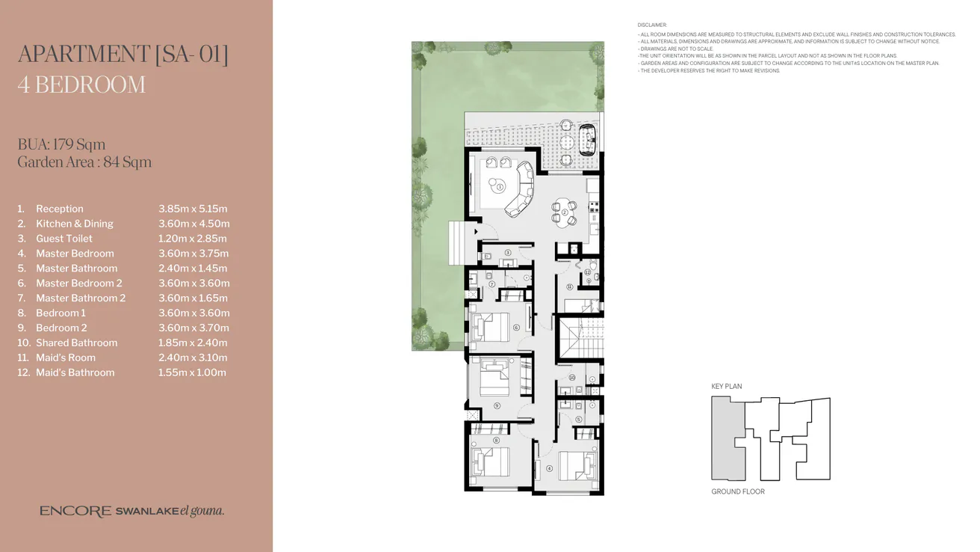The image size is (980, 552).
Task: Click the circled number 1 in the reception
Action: tap(499, 188)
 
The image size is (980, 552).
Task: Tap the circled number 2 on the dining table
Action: tap(565, 212)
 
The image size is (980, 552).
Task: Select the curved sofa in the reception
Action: tap(521, 194)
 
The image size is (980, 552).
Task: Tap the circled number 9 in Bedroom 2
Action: tap(497, 405)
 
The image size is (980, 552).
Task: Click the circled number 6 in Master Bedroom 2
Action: tap(516, 328)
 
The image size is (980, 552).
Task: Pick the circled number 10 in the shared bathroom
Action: tap(571, 378)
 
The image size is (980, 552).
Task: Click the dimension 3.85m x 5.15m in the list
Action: tap(193, 209)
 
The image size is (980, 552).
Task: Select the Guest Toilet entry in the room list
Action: tap(64, 239)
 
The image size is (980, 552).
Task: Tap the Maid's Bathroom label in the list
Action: tap(75, 372)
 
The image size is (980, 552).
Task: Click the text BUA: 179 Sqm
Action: tap(61, 144)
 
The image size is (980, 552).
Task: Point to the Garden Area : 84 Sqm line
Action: tap(84, 162)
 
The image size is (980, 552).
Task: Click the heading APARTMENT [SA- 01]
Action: tap(122, 55)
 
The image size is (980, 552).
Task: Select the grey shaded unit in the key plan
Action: tap(726, 438)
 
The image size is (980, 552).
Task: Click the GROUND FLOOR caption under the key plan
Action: tap(737, 491)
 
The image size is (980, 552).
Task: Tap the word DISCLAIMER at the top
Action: tap(652, 25)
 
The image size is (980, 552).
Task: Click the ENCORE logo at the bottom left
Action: tap(75, 512)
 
